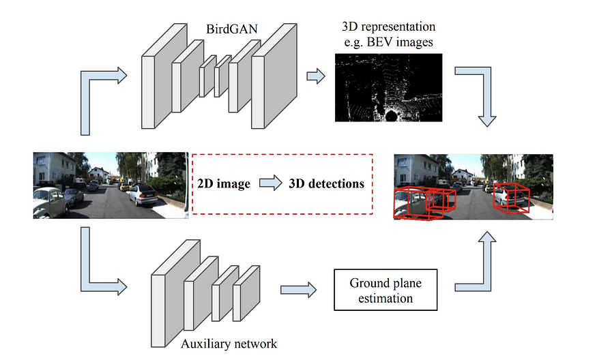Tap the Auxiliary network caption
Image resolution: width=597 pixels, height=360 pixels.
(x=229, y=343)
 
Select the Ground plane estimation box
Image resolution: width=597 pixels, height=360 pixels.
(x=381, y=290)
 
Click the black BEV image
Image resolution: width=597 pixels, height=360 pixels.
(x=389, y=88)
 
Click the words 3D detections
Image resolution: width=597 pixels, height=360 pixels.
(x=325, y=184)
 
